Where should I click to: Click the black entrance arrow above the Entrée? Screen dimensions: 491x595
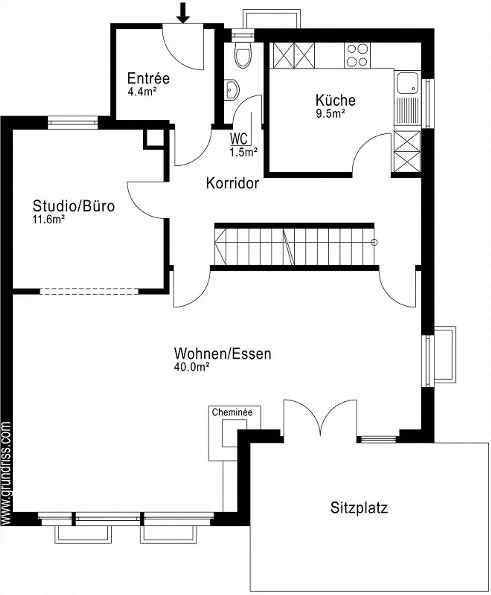click(x=183, y=13)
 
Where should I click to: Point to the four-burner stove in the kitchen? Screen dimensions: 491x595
click(x=357, y=56)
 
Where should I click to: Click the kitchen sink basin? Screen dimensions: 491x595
click(x=407, y=83)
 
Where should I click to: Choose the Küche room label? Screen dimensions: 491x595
click(x=335, y=100)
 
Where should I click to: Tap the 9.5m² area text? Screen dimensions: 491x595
click(x=330, y=114)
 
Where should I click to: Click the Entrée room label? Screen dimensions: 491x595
click(x=148, y=78)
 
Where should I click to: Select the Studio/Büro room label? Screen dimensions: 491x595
click(x=74, y=206)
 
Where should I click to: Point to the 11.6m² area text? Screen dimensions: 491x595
click(x=48, y=219)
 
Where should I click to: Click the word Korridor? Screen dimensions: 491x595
click(x=233, y=183)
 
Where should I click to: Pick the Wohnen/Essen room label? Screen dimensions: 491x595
click(x=223, y=354)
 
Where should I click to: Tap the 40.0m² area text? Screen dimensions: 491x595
click(x=191, y=367)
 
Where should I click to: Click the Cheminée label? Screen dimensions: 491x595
click(x=232, y=412)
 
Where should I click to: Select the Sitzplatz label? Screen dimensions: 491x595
click(x=359, y=508)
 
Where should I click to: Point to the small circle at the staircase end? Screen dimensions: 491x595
click(x=374, y=242)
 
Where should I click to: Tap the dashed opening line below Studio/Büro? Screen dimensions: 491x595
click(x=89, y=291)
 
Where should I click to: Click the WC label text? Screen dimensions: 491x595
click(x=239, y=139)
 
